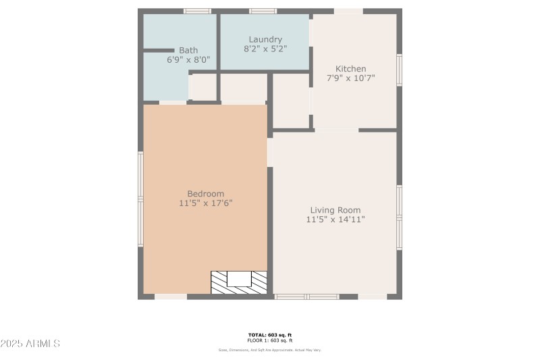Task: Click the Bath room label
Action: (188, 50)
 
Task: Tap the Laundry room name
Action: (265, 39)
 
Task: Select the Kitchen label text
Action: (351, 68)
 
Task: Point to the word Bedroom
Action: (206, 193)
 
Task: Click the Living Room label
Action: (335, 209)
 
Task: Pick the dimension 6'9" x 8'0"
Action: (188, 59)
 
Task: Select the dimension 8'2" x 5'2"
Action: (265, 49)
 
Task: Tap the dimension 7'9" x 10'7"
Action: (351, 78)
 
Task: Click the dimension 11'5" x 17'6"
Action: (206, 203)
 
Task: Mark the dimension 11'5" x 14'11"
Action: (335, 219)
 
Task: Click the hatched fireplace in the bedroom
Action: (239, 282)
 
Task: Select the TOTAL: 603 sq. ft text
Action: (270, 335)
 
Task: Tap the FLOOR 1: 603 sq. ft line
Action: (270, 340)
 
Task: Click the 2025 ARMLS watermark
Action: (30, 344)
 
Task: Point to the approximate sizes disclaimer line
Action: (270, 350)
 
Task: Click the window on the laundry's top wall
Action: (263, 11)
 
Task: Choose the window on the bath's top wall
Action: (197, 11)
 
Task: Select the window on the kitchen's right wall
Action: (400, 71)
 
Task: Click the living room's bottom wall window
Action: (307, 297)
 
